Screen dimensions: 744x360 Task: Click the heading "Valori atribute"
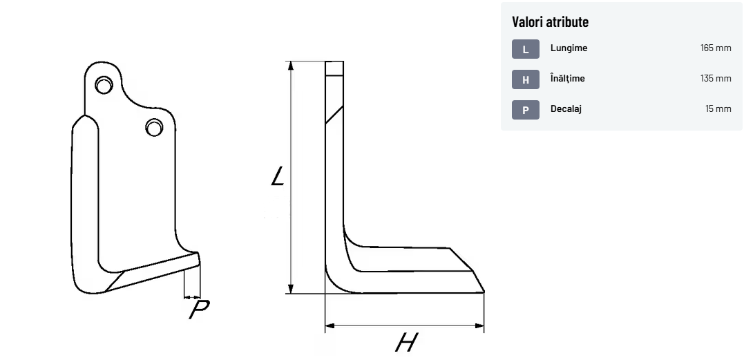click(x=550, y=22)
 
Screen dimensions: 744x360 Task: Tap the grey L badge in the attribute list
click(x=525, y=49)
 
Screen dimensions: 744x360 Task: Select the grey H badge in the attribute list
click(x=525, y=79)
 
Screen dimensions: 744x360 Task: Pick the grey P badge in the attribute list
click(x=525, y=110)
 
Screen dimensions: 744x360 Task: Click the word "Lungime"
click(x=569, y=48)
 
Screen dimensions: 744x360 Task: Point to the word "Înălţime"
click(x=567, y=78)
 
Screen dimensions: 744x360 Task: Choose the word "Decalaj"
click(x=566, y=109)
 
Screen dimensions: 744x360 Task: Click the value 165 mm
click(x=716, y=48)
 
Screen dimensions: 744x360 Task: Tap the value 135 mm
click(x=716, y=79)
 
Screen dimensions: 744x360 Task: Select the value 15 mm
click(x=718, y=109)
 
